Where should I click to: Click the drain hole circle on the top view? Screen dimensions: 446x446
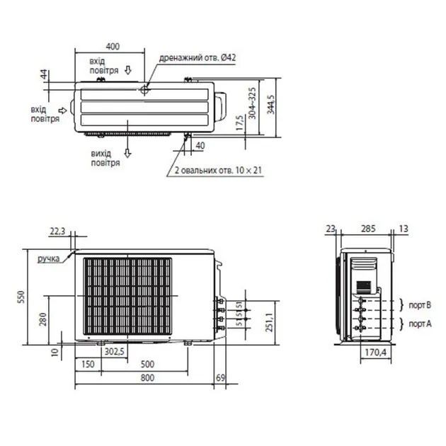(x=144, y=91)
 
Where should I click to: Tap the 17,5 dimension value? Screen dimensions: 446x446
(x=240, y=123)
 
